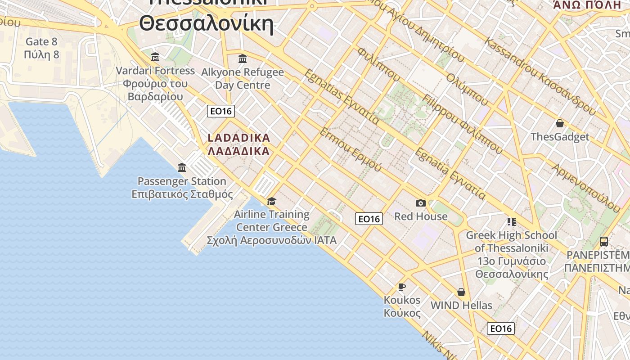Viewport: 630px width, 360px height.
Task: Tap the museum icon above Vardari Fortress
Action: [x=155, y=57]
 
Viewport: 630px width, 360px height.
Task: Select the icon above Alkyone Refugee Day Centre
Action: [x=243, y=58]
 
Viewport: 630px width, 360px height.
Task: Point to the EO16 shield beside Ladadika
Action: [x=221, y=111]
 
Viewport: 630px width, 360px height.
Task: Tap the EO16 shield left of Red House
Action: [x=369, y=219]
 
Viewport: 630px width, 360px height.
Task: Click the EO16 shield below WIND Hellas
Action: [x=500, y=328]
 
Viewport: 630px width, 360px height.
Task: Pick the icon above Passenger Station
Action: [x=182, y=168]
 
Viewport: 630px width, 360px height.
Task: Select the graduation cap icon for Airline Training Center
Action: [x=271, y=201]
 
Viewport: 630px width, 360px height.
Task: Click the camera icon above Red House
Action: [x=421, y=203]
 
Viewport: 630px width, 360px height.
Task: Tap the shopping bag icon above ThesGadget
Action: [x=560, y=123]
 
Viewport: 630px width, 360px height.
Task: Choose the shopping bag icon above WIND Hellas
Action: [x=461, y=292]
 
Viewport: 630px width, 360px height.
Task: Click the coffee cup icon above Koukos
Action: [x=402, y=287]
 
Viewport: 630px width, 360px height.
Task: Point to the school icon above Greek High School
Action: [x=511, y=221]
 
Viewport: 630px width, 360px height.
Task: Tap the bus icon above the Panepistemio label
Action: [x=604, y=242]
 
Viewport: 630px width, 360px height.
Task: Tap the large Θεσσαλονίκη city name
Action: [x=206, y=23]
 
